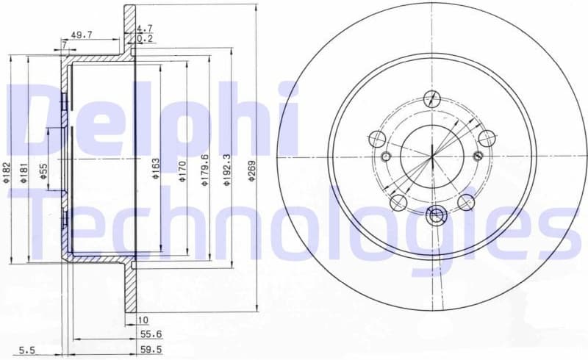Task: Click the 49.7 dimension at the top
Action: point(81,34)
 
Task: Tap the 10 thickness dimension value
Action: point(143,320)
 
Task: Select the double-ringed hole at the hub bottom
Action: point(436,215)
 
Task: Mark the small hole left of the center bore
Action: point(387,156)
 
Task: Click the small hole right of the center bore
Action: point(478,155)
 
